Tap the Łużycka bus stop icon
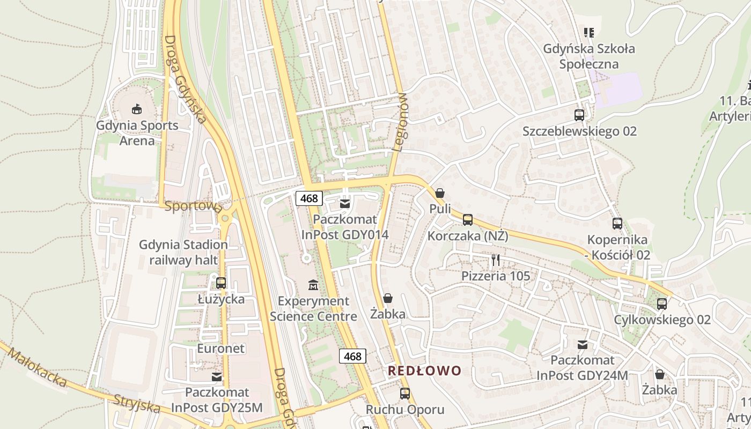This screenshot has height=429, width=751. click(x=221, y=283)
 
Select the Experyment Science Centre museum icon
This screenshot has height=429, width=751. click(x=313, y=284)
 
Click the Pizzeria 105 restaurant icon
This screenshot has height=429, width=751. click(x=496, y=260)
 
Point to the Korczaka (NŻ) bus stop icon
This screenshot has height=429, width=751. click(x=468, y=219)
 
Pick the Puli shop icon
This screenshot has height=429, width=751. click(x=440, y=193)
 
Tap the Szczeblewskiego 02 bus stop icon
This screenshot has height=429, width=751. click(x=579, y=115)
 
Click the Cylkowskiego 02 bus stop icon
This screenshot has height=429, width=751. click(x=662, y=304)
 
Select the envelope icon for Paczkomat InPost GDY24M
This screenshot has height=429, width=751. click(x=582, y=344)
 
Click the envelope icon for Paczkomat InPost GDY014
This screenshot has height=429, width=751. click(x=345, y=203)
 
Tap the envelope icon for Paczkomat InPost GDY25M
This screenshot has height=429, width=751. click(x=217, y=377)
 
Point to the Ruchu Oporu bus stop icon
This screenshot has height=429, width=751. click(x=405, y=394)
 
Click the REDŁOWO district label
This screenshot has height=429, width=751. click(x=424, y=371)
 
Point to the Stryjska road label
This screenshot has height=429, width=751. click(x=137, y=403)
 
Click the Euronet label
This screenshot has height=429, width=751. click(x=220, y=349)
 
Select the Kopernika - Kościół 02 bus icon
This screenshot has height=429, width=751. click(x=617, y=224)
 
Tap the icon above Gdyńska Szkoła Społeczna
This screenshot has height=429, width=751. click(x=589, y=33)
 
